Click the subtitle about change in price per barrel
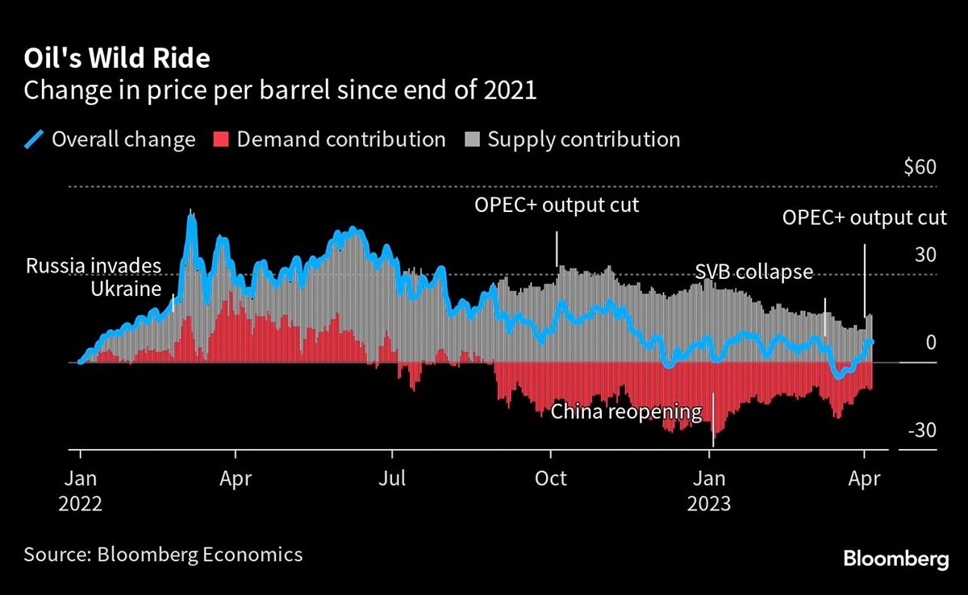[280, 89]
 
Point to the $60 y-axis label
[920, 168]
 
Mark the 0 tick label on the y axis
[930, 343]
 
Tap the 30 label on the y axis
[924, 255]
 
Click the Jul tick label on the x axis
[392, 478]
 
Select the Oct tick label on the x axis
[551, 478]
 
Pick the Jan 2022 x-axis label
[80, 490]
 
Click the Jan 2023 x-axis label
[709, 490]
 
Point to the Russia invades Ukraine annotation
[94, 277]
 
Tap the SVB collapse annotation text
[753, 272]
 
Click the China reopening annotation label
[626, 412]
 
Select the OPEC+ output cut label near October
[557, 205]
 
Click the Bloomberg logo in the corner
[896, 559]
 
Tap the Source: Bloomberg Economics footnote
[163, 554]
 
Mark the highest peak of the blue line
[190, 214]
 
